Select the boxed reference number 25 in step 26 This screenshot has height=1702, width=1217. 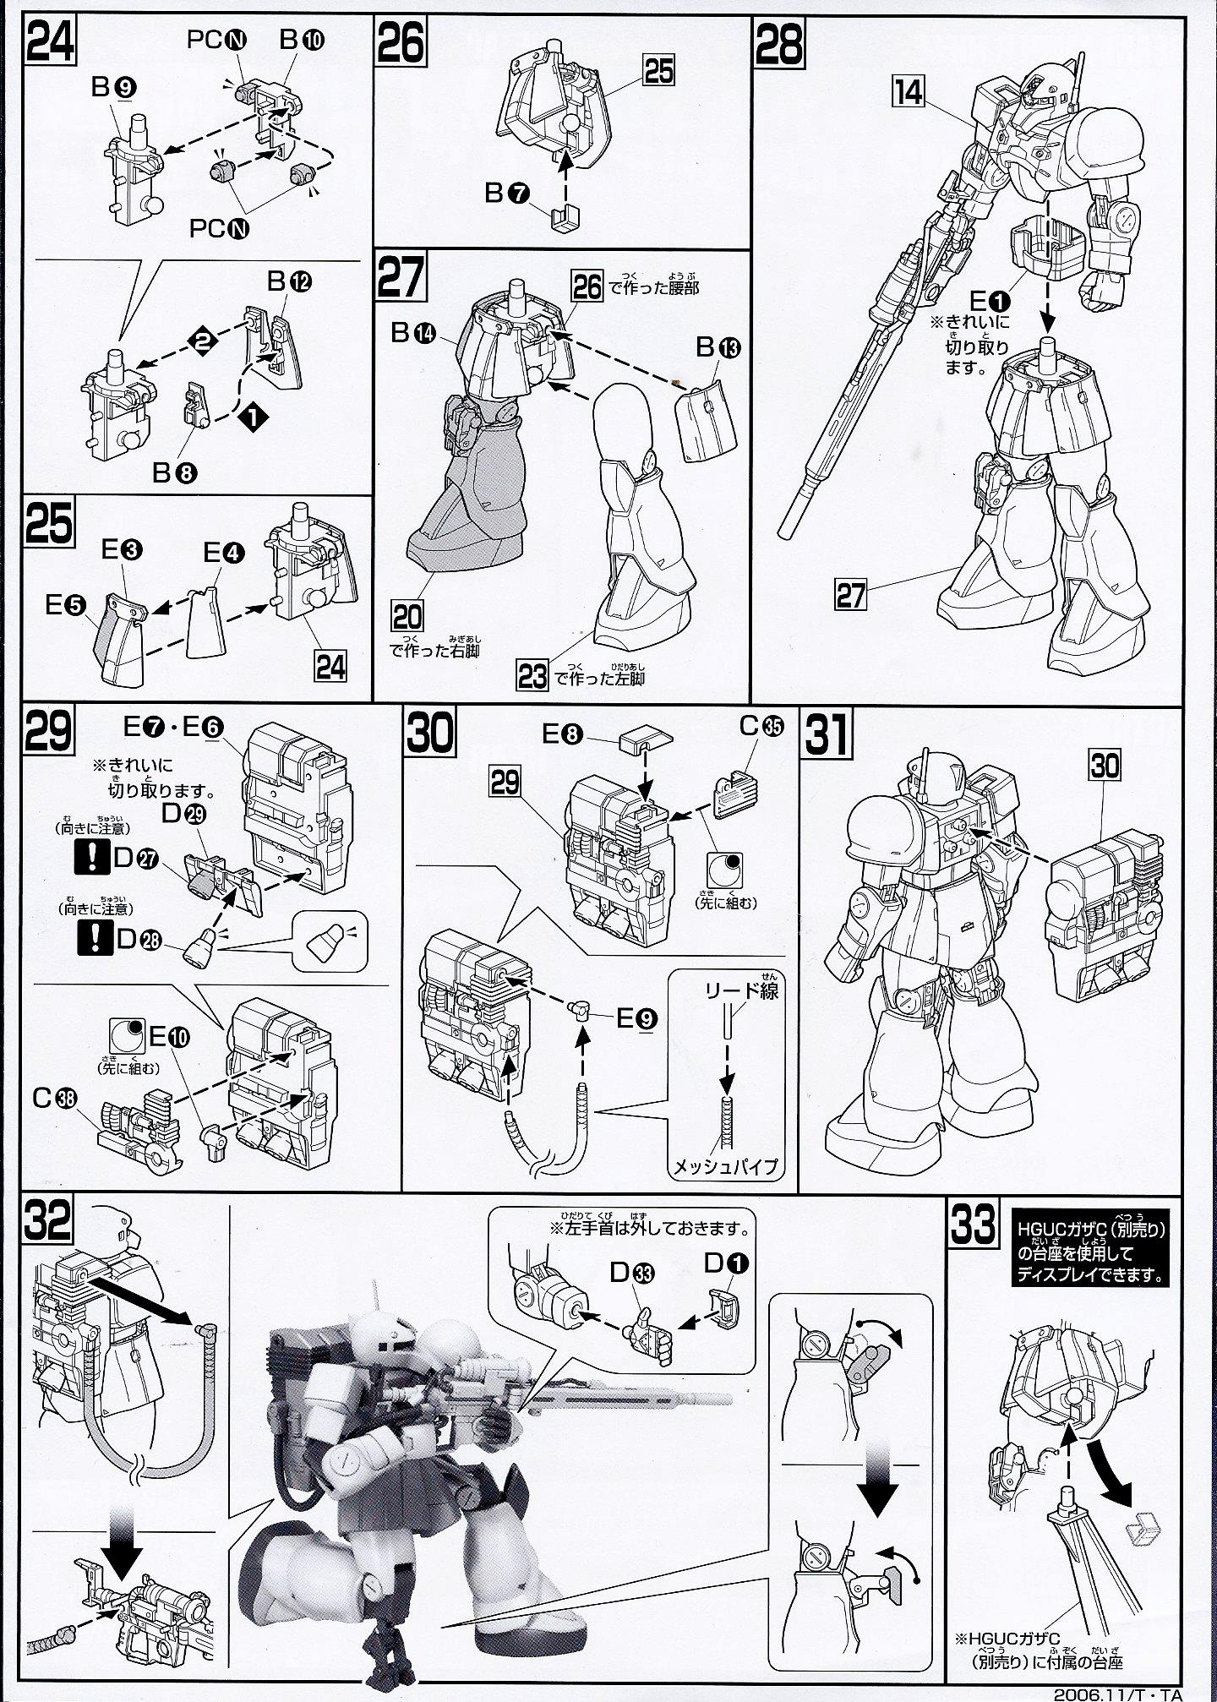click(658, 71)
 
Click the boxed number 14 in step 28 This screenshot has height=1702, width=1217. click(909, 91)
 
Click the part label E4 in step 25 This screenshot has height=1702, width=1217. click(223, 553)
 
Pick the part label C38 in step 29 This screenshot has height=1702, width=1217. click(52, 1099)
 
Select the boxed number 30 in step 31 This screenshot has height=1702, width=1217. click(1105, 766)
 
